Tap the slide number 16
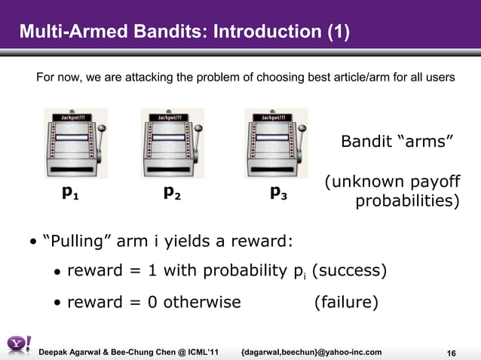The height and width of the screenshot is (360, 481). [x=452, y=354]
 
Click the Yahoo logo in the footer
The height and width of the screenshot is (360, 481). [x=18, y=345]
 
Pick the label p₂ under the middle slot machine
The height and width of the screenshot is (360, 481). [x=172, y=193]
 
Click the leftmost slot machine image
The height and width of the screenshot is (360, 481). [x=75, y=143]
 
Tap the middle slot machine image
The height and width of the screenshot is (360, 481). [x=172, y=143]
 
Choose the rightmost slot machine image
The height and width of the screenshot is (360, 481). [x=275, y=143]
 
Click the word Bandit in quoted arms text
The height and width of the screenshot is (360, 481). [x=366, y=142]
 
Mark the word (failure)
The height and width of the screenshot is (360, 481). [x=346, y=302]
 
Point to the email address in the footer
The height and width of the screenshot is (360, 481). [x=311, y=352]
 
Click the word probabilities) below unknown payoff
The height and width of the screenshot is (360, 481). [x=407, y=202]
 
